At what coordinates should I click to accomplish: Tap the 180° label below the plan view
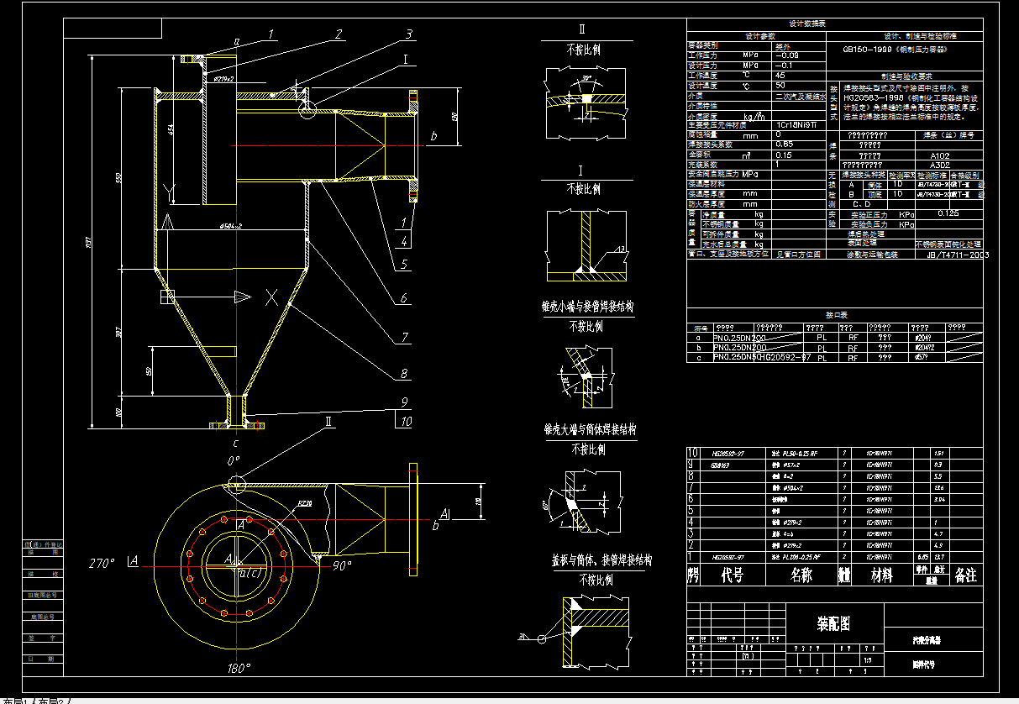[x=239, y=669]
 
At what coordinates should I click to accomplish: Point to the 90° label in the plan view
[x=341, y=566]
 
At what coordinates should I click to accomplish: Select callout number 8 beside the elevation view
[x=404, y=374]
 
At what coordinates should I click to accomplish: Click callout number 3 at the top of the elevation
[x=408, y=34]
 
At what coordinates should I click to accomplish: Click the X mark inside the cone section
[x=270, y=297]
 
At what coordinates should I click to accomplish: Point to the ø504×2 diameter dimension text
[x=229, y=226]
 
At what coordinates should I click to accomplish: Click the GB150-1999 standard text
[x=896, y=50]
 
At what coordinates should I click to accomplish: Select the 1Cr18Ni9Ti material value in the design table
[x=792, y=125]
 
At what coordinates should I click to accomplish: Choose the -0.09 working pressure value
[x=787, y=55]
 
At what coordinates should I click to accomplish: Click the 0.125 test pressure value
[x=948, y=213]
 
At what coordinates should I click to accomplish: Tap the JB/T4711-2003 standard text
[x=957, y=253]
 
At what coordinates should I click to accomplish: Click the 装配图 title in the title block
[x=834, y=624]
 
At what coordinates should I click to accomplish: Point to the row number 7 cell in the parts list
[x=692, y=486]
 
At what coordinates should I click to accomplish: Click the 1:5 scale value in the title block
[x=866, y=660]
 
